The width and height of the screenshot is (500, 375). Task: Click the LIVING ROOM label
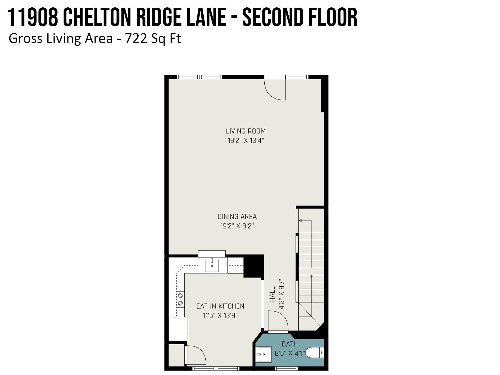246,131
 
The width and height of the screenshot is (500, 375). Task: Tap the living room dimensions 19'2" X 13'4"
246,141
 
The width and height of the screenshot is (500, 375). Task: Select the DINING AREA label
237,217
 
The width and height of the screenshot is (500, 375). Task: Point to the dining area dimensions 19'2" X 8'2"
237,226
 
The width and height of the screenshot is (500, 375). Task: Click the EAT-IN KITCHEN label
220,306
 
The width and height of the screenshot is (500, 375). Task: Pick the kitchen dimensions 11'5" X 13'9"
220,316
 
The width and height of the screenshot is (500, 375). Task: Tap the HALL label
272,294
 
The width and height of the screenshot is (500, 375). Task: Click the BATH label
290,344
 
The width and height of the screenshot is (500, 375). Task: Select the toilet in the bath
315,353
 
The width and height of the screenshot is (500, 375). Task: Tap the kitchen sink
212,265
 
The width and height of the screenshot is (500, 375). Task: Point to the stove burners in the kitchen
180,299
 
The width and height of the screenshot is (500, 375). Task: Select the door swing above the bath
278,320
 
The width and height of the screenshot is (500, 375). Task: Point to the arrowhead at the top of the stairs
300,220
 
